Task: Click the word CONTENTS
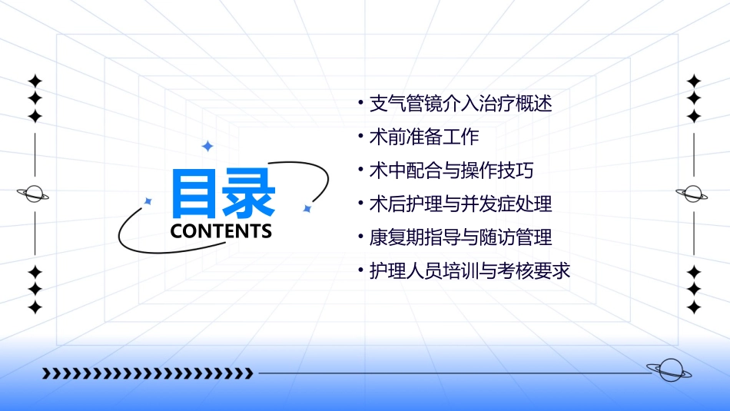[221, 231]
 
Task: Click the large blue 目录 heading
[223, 194]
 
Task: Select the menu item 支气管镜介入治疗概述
[461, 103]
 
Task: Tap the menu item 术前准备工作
[424, 137]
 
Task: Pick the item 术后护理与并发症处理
[461, 204]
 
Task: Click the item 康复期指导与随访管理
[461, 237]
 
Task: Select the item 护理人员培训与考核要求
[470, 271]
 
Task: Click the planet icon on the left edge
[34, 194]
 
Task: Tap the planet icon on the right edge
[693, 194]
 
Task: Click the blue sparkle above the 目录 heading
[207, 146]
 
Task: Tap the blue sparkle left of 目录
[148, 201]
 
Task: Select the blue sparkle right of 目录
[307, 208]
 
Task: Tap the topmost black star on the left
[35, 81]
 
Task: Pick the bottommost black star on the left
[35, 307]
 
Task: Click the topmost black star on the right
[694, 81]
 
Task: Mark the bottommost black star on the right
[694, 307]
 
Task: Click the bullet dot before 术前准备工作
[361, 137]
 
